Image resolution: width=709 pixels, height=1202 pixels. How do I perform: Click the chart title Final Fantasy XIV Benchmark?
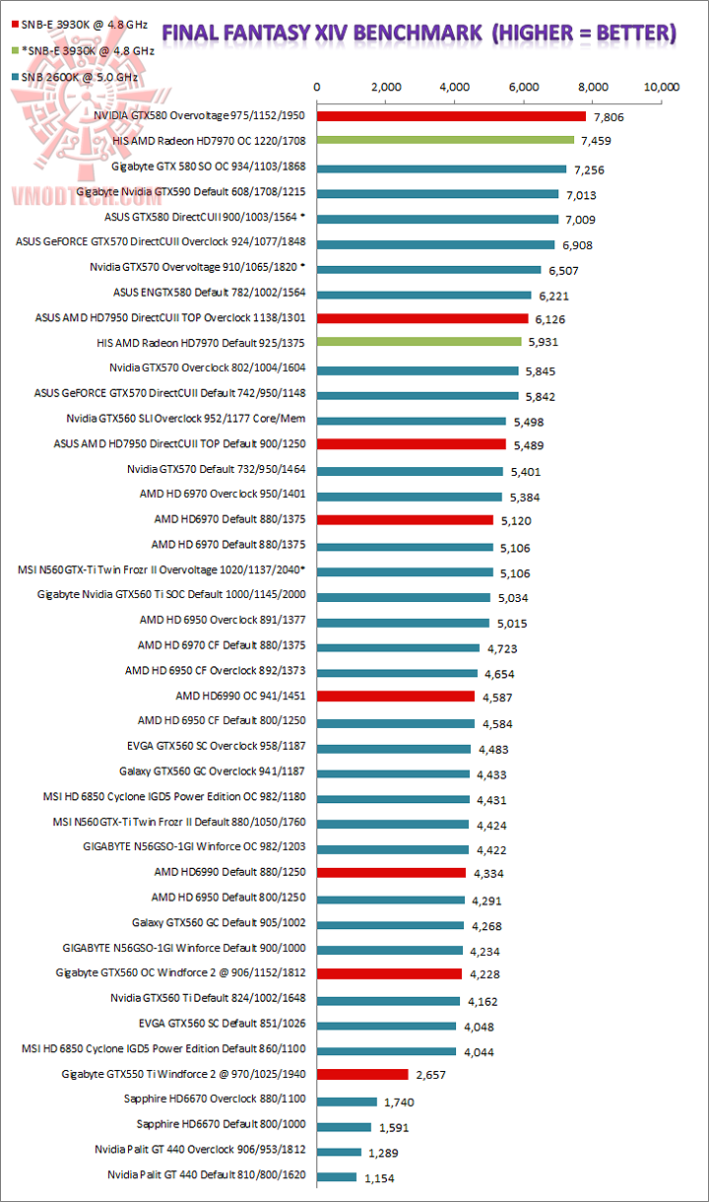[x=419, y=34]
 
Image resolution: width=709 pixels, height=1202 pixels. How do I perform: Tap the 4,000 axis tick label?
[x=455, y=88]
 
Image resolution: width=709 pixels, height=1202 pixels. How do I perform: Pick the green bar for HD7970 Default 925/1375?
[x=419, y=342]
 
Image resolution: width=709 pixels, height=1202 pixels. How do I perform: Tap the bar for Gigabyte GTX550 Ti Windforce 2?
[x=361, y=1074]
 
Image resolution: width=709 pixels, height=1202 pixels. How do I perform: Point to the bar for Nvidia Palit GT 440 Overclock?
[x=339, y=1151]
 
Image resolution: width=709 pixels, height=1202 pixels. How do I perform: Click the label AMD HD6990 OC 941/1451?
[x=240, y=696]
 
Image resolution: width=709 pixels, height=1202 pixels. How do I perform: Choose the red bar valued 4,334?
[x=391, y=872]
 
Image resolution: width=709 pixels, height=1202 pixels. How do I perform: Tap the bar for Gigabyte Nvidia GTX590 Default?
[x=437, y=194]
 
